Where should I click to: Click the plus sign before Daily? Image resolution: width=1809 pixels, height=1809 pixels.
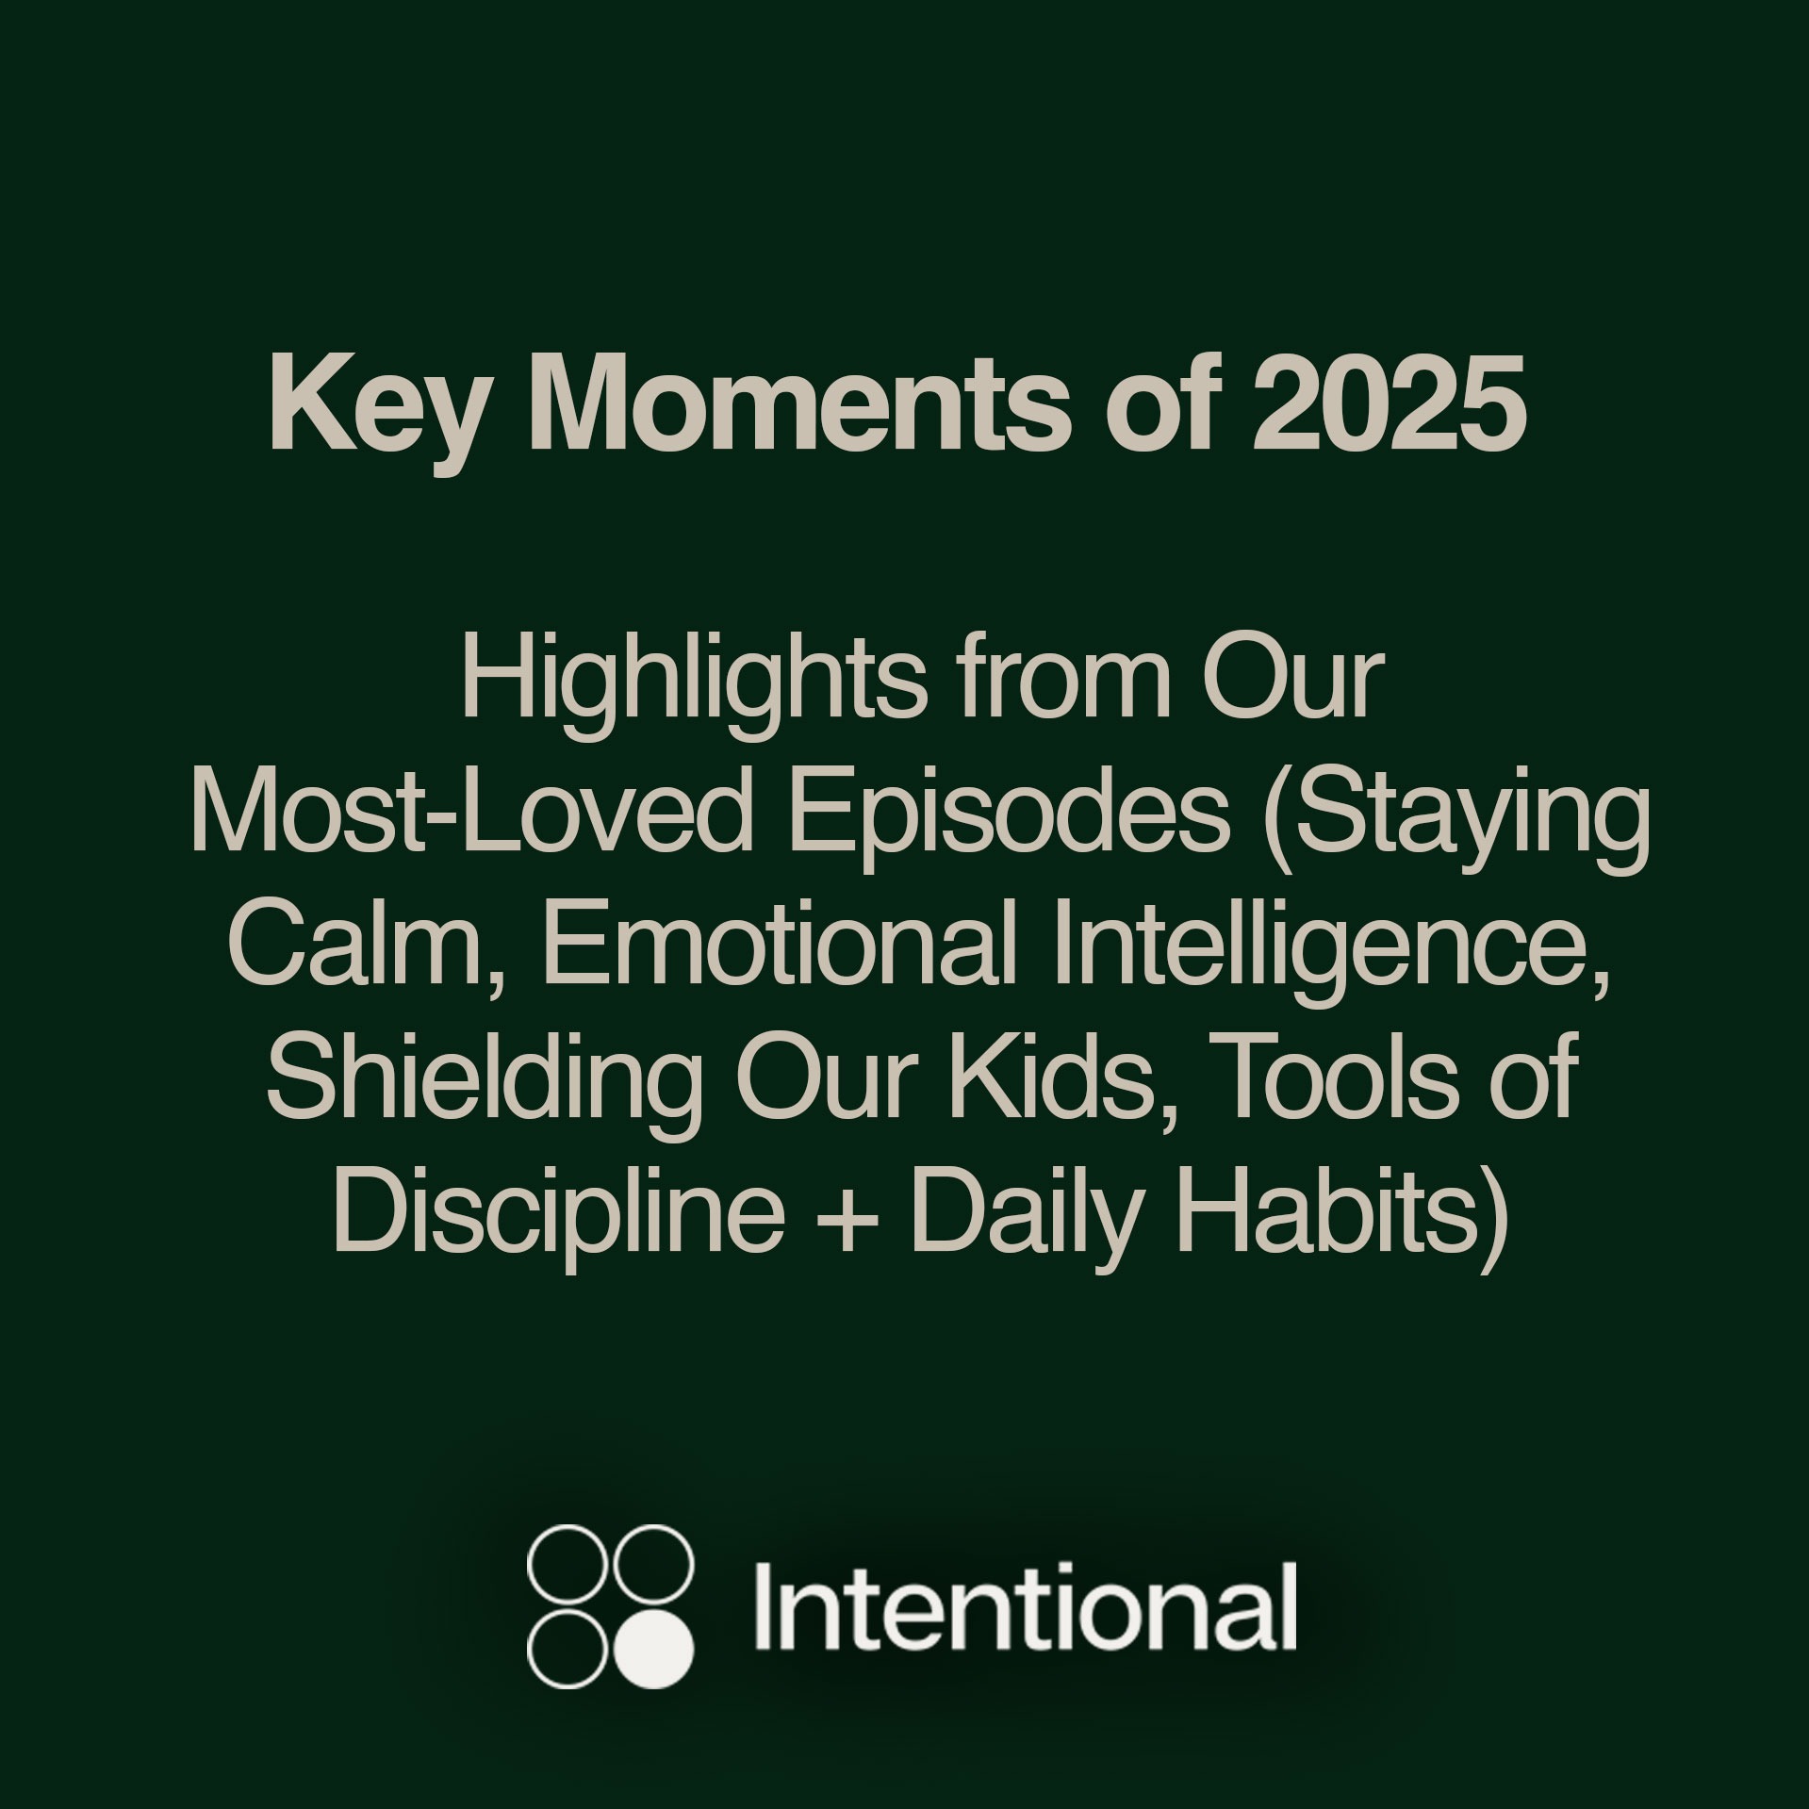coord(847,1220)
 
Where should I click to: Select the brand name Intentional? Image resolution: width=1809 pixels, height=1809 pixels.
coord(1025,1606)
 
